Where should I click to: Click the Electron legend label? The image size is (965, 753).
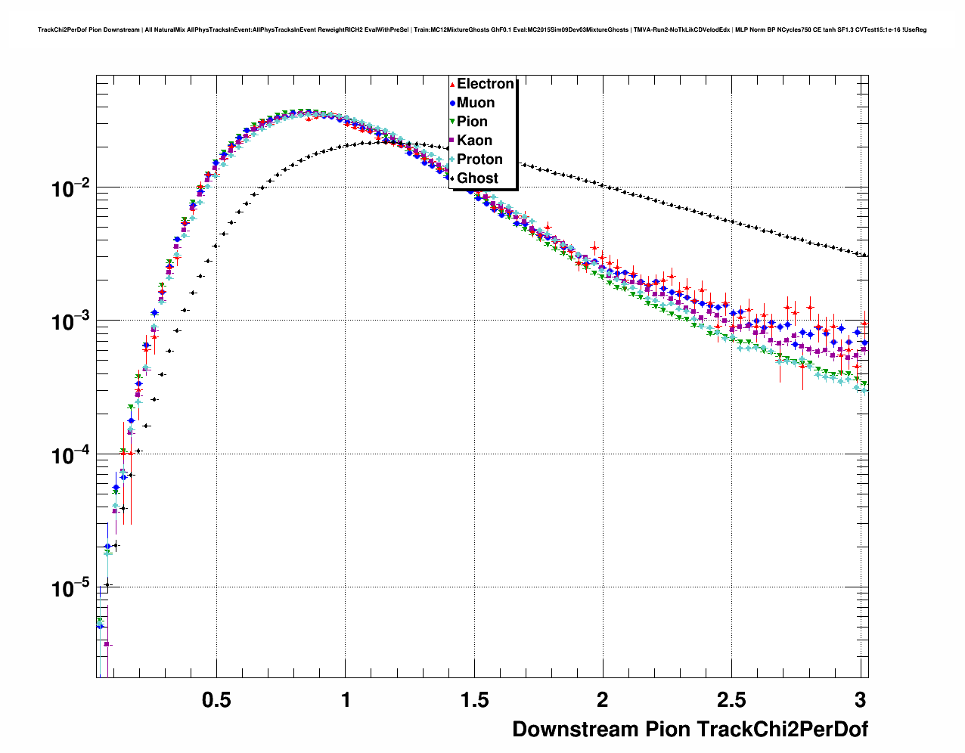pyautogui.click(x=486, y=84)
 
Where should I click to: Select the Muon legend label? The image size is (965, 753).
pyautogui.click(x=476, y=103)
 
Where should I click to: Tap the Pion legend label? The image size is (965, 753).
pyautogui.click(x=472, y=122)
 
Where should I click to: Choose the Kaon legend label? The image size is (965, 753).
pyautogui.click(x=474, y=141)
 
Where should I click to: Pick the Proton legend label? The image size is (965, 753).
pyautogui.click(x=479, y=160)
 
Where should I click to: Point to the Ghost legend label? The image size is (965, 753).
pyautogui.click(x=477, y=178)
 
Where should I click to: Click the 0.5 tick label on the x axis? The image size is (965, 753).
pyautogui.click(x=216, y=700)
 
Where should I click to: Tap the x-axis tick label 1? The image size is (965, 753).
pyautogui.click(x=346, y=700)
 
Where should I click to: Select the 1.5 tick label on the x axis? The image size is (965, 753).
pyautogui.click(x=474, y=700)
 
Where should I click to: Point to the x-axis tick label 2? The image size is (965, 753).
pyautogui.click(x=603, y=700)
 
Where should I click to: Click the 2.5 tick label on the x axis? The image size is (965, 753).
pyautogui.click(x=731, y=700)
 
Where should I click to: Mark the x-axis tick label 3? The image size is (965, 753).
pyautogui.click(x=861, y=700)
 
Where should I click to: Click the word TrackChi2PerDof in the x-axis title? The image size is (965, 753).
pyautogui.click(x=782, y=730)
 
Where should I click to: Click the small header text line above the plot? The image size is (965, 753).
pyautogui.click(x=482, y=30)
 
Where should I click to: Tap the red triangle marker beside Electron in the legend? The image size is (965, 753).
pyautogui.click(x=452, y=85)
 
